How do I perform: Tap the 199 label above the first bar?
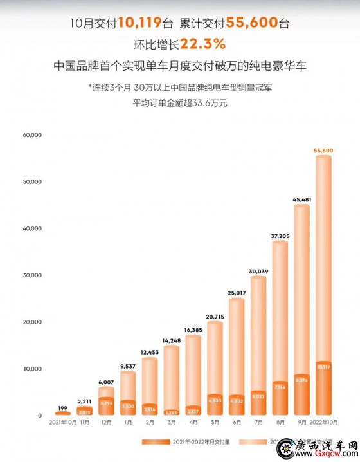pyautogui.click(x=63, y=407)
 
